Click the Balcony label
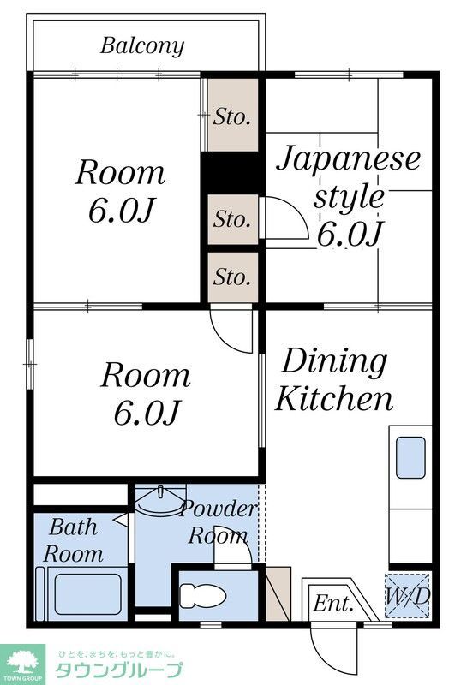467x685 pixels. click(x=142, y=45)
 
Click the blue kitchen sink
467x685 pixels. click(x=410, y=457)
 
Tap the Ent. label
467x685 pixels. click(x=333, y=603)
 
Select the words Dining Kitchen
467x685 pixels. click(x=334, y=379)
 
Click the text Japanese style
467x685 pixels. click(x=348, y=177)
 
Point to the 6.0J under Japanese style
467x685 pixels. click(x=349, y=232)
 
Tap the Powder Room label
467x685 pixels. click(x=218, y=523)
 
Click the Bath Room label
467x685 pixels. click(x=74, y=539)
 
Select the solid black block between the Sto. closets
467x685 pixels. click(x=231, y=174)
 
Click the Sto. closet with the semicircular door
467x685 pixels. click(x=232, y=220)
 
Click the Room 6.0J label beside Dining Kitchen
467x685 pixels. click(x=146, y=394)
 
